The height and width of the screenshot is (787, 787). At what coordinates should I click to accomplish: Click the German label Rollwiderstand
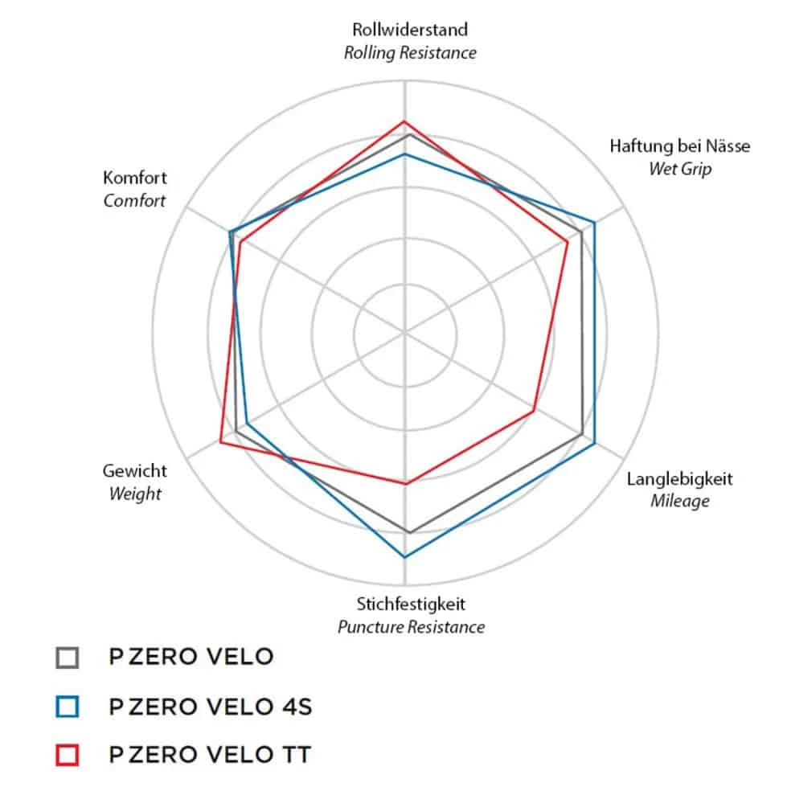point(410,31)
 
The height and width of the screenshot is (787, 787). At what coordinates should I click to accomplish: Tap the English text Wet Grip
point(679,170)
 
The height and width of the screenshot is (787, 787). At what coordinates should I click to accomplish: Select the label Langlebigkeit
point(679,479)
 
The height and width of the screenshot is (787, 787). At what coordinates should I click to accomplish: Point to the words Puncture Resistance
point(411,627)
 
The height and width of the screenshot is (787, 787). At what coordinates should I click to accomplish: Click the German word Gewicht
point(135,471)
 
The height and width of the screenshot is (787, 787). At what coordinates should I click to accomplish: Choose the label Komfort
point(135,178)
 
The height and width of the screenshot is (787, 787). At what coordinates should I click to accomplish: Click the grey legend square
point(68,658)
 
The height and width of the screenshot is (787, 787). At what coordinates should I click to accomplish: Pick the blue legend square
point(68,707)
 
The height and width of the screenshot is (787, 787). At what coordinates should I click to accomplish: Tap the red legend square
point(68,756)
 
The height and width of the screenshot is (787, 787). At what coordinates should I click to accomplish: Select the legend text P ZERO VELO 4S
point(211,707)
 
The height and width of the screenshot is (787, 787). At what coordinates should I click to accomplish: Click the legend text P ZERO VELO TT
point(210,756)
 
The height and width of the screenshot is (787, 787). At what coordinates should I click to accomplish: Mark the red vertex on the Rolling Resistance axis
point(404,121)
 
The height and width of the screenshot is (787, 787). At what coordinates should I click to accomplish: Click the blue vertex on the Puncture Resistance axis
point(404,557)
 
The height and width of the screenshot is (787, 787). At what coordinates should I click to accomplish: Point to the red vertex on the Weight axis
point(221,441)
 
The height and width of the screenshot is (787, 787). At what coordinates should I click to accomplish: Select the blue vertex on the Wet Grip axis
point(595,221)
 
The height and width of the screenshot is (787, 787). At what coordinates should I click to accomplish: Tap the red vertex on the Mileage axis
point(534,411)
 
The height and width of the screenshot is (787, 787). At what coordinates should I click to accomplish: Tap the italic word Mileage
point(679,502)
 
